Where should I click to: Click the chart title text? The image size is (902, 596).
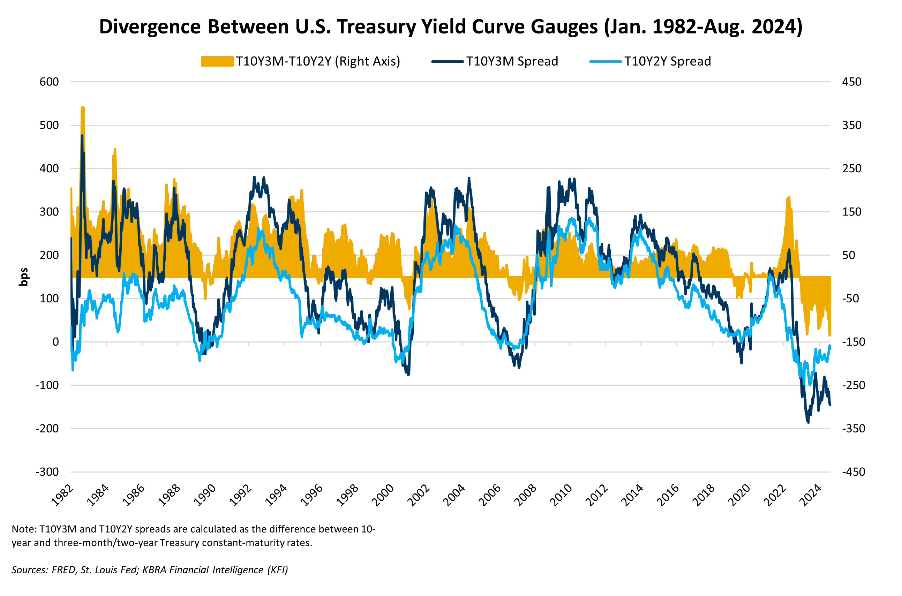tap(451, 27)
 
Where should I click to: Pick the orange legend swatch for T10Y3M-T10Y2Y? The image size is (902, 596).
tap(217, 61)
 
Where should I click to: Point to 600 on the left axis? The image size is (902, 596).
tap(49, 82)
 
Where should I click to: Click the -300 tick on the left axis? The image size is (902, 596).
tap(47, 472)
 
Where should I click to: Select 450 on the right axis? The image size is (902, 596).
tap(851, 82)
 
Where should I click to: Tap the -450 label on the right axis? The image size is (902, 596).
tap(854, 472)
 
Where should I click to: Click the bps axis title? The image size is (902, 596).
tap(24, 277)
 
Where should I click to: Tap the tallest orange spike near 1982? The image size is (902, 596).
tap(82, 108)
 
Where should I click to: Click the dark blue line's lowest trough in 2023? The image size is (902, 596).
tap(808, 422)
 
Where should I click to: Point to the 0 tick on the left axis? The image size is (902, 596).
tap(55, 342)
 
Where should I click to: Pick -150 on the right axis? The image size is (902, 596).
tap(854, 342)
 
